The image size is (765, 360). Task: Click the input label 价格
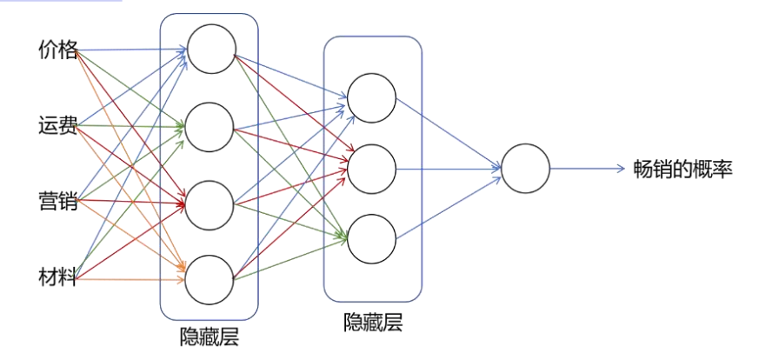[58, 50]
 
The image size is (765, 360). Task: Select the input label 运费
[58, 127]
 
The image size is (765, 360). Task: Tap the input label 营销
[58, 203]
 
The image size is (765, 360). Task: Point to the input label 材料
[58, 278]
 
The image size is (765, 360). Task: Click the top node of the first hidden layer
[210, 50]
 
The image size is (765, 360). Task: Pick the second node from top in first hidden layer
[210, 127]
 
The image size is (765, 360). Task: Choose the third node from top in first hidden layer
[210, 204]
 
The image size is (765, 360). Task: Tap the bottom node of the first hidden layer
[210, 280]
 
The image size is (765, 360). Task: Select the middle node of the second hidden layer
[372, 167]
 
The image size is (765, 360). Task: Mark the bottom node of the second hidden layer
[372, 238]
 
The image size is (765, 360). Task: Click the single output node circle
[525, 168]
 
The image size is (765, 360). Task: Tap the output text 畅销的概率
[683, 169]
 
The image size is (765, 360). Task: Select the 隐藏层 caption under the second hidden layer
[373, 323]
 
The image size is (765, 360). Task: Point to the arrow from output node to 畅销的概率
[587, 168]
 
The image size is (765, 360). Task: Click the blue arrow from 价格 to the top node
[130, 50]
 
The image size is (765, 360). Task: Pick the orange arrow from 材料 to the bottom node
[130, 280]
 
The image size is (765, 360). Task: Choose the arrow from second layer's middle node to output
[448, 168]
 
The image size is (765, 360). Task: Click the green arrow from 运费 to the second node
[130, 127]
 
